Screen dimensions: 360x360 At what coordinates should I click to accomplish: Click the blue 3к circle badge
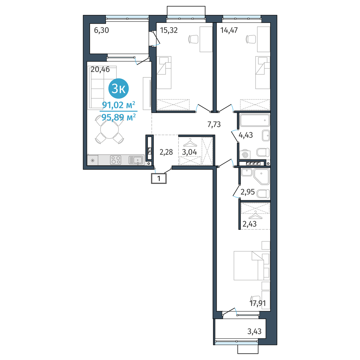118,88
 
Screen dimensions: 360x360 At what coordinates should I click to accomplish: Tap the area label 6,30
101,30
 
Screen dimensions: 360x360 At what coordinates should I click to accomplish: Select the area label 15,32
169,30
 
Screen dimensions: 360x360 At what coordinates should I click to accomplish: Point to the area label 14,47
229,30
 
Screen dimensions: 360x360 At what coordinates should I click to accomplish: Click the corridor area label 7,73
214,124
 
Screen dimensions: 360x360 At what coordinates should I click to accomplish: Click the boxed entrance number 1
159,178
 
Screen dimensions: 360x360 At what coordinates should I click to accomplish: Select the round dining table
109,129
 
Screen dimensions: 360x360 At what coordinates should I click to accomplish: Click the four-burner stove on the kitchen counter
115,160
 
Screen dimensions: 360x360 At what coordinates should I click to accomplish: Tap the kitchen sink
136,160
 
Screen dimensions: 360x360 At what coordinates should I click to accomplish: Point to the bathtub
255,120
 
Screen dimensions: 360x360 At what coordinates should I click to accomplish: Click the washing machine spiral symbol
245,155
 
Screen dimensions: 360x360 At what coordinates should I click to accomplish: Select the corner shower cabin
262,176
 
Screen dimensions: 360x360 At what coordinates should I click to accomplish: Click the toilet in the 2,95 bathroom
263,194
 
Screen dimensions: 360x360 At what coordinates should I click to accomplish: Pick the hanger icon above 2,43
255,215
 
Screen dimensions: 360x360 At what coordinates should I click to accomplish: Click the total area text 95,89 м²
118,117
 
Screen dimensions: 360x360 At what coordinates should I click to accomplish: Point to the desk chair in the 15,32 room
193,39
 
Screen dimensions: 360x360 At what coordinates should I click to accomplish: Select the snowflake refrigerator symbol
92,160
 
